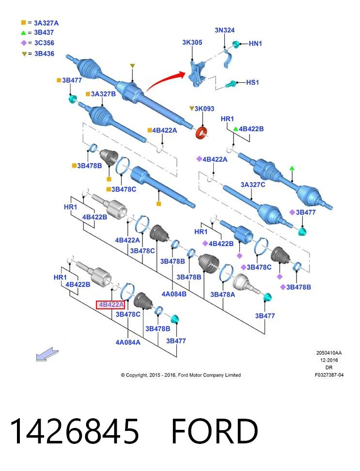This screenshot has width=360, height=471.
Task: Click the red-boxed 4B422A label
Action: point(110,304)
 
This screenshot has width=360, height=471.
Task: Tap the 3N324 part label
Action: point(225,30)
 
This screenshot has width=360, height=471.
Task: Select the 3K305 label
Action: point(192,42)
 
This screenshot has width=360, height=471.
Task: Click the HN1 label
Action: point(255,44)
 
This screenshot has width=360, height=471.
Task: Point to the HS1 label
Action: point(252,82)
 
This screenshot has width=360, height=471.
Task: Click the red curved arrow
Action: point(166,80)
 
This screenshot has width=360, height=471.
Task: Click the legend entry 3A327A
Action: point(40,23)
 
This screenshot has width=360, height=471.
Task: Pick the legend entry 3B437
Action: point(38,32)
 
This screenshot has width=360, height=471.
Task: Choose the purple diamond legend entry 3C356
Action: point(38,43)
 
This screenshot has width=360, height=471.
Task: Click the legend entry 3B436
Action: point(38,54)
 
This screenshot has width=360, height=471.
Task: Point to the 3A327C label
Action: point(253,184)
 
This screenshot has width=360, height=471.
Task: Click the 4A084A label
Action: point(128,342)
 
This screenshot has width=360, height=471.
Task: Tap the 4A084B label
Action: point(174,294)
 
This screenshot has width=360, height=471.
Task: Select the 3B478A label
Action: point(222,295)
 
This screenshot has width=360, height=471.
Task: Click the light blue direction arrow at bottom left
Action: point(47,354)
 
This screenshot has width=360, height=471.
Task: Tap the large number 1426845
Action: point(74,431)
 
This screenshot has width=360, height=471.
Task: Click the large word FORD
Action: point(215,431)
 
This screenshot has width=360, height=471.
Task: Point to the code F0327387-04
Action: point(329,375)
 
